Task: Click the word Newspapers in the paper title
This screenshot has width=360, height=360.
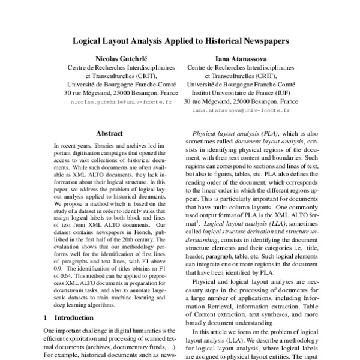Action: [x=261, y=42]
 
